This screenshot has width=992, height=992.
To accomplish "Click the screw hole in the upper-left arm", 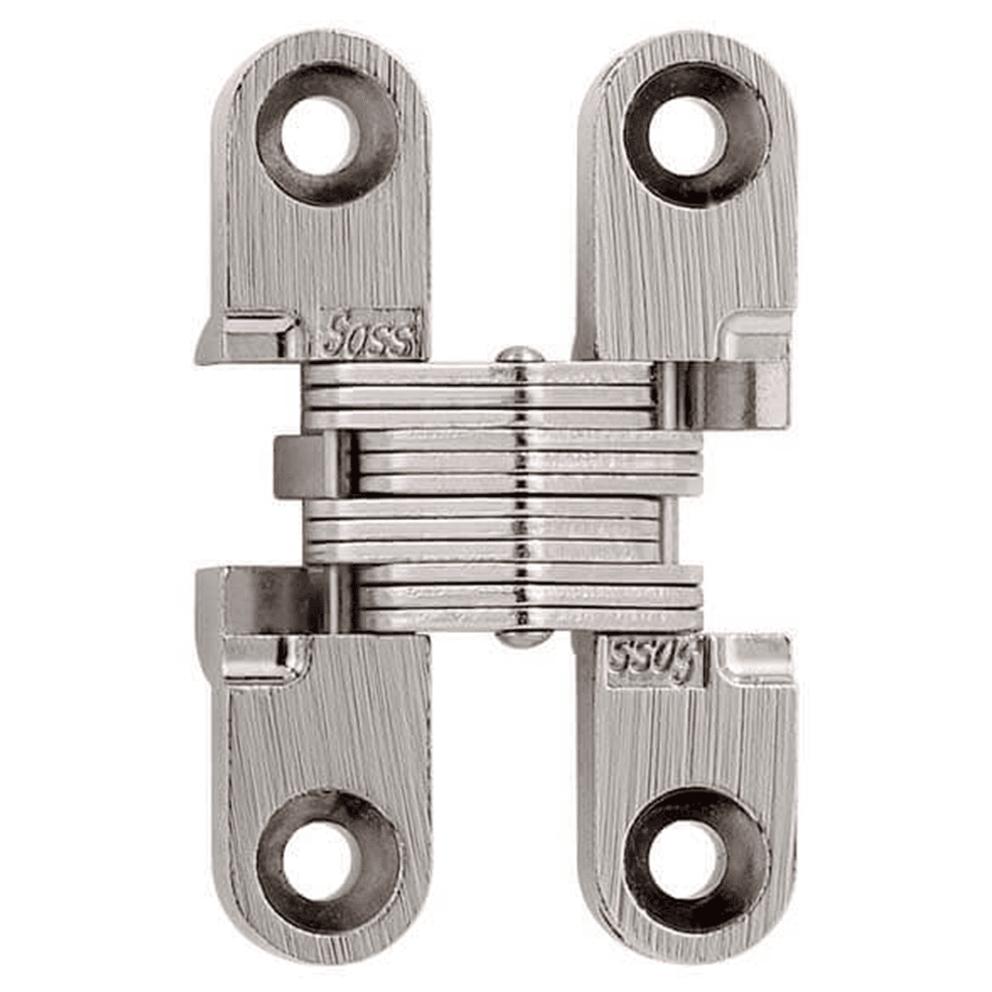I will [x=317, y=135].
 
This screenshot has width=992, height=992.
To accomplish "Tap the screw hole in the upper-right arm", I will [x=686, y=136].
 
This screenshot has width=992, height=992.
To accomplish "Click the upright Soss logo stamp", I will [x=368, y=335].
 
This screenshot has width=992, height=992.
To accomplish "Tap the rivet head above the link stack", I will [x=520, y=354].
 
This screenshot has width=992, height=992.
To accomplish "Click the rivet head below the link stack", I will [x=523, y=640].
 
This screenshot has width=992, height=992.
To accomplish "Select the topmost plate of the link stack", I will [x=476, y=374].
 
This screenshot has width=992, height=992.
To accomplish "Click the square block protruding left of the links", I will [x=303, y=466].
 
